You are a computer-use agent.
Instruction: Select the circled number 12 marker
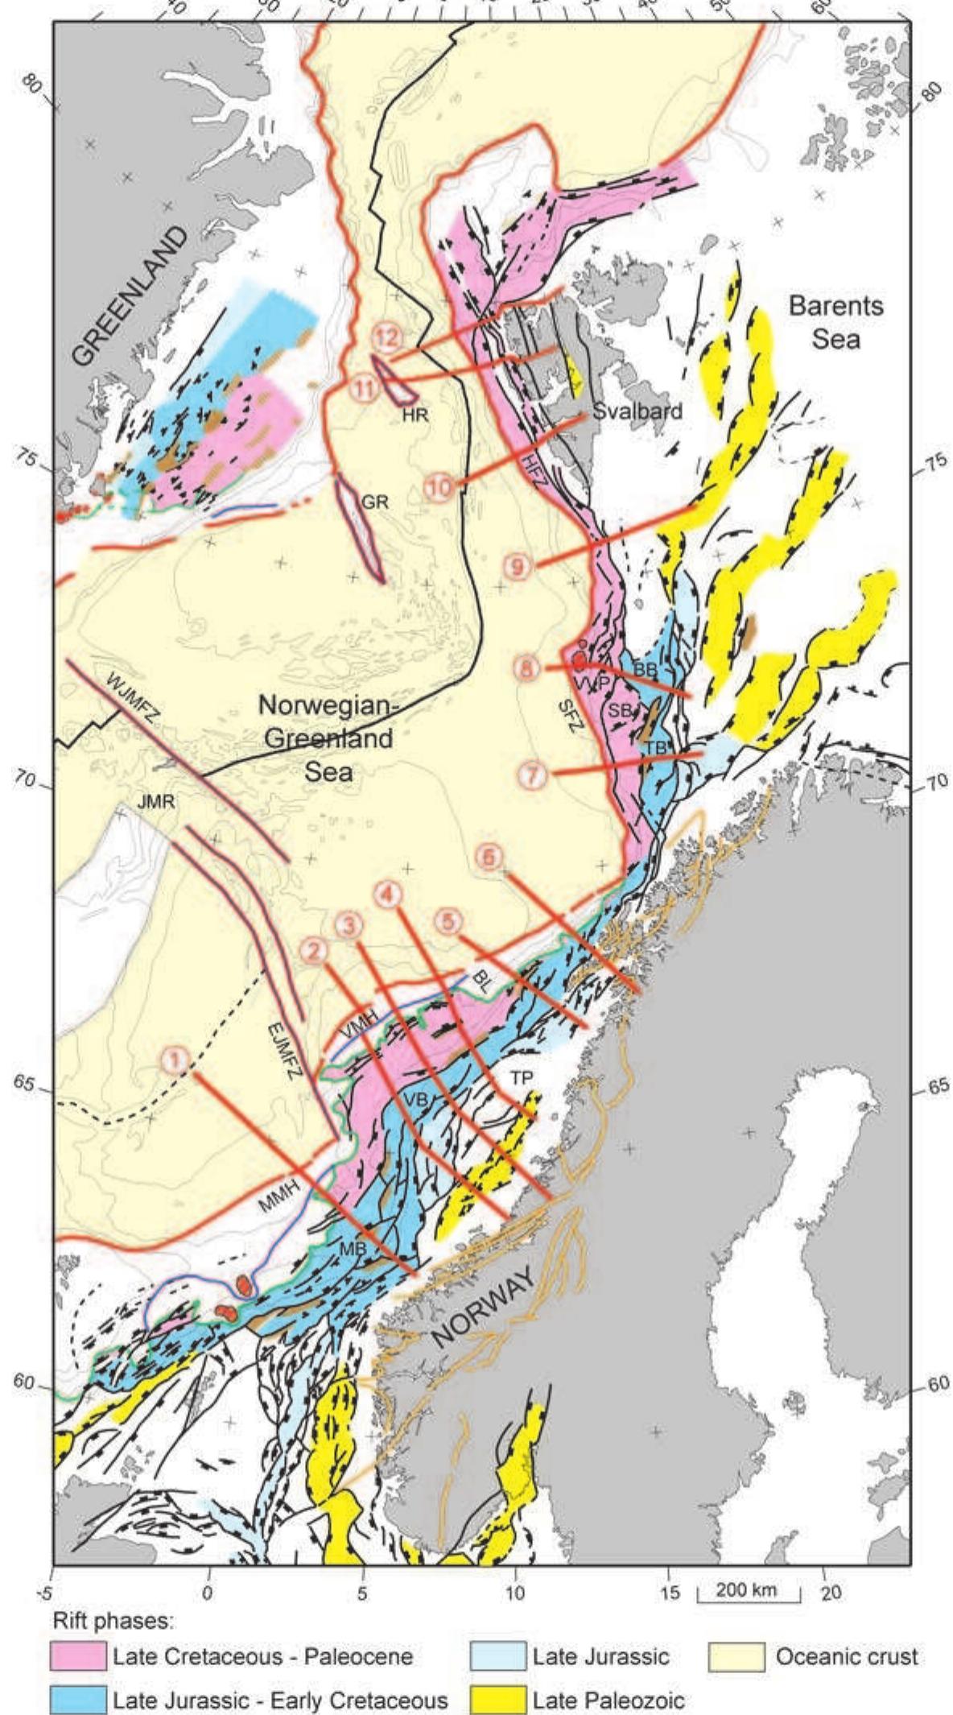pyautogui.click(x=387, y=337)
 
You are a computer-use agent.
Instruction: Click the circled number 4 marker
pyautogui.click(x=387, y=894)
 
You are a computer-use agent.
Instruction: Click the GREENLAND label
pyautogui.click(x=130, y=296)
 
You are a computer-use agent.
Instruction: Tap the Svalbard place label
pyautogui.click(x=637, y=411)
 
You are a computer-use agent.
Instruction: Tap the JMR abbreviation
pyautogui.click(x=156, y=800)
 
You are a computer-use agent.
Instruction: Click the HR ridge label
pyautogui.click(x=415, y=415)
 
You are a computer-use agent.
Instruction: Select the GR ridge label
pyautogui.click(x=374, y=502)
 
